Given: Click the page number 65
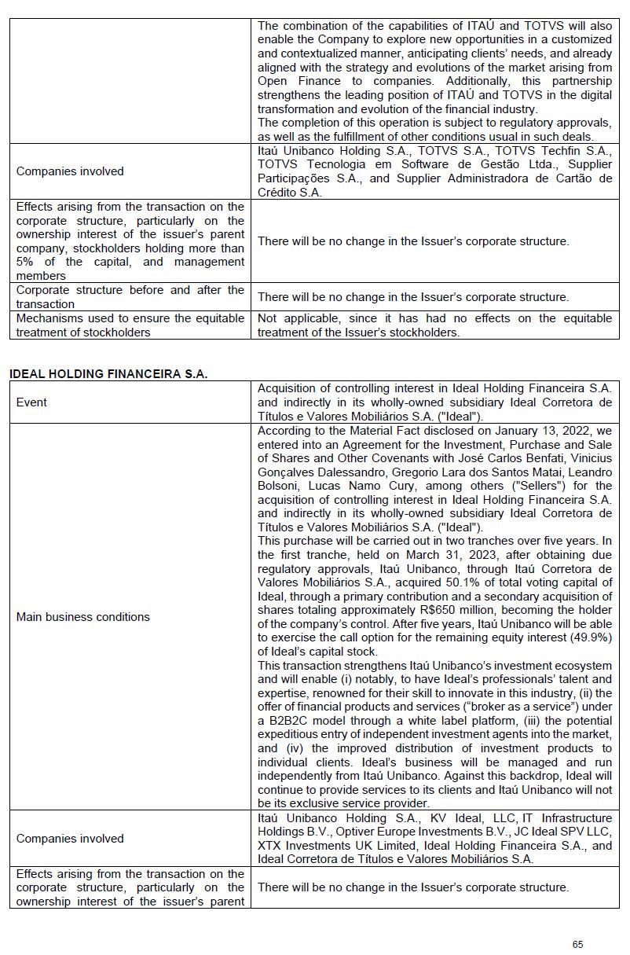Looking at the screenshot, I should coord(578,944).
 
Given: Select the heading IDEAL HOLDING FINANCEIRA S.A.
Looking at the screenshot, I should coord(108,374).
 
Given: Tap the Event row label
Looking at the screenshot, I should coord(31,402).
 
